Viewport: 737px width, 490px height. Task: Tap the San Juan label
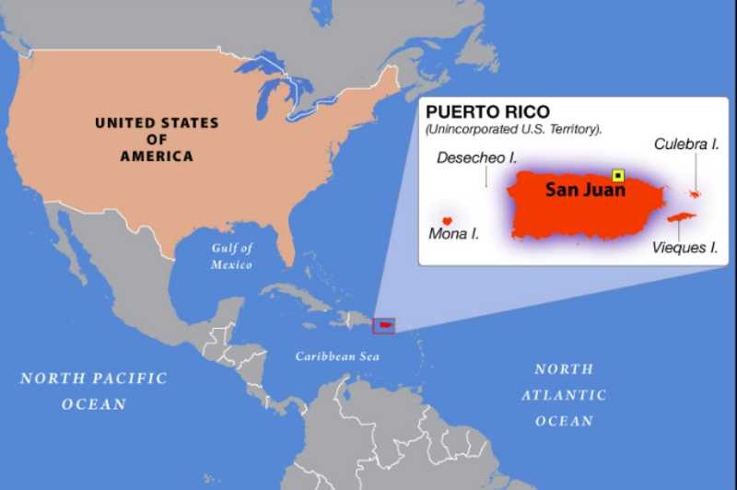(x=585, y=191)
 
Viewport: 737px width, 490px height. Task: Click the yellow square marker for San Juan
(x=618, y=175)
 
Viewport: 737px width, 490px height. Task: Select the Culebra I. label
(x=686, y=144)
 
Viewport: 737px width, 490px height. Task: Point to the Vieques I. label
(x=684, y=247)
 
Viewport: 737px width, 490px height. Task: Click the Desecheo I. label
(x=476, y=157)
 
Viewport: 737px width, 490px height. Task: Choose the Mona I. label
(x=453, y=234)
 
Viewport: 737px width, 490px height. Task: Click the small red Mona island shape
(x=447, y=220)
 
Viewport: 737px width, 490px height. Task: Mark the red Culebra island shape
(x=694, y=193)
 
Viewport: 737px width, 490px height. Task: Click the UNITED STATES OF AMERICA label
(x=157, y=139)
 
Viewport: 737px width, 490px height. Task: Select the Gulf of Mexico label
(x=231, y=256)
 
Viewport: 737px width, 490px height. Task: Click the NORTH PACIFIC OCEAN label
(x=94, y=391)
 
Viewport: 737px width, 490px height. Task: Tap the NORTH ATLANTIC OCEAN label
(x=564, y=394)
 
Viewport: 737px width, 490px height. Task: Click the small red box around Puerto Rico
(x=382, y=325)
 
